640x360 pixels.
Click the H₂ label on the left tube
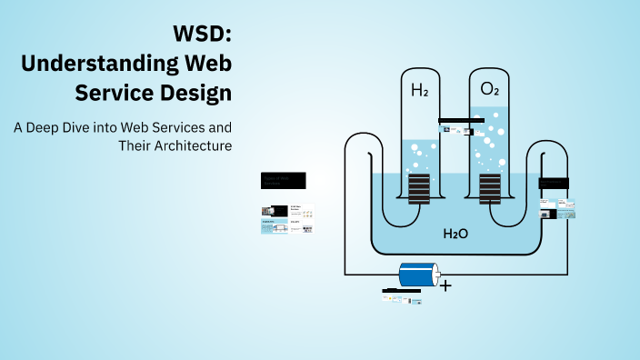coord(419,90)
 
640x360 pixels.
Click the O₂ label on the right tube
coord(488,90)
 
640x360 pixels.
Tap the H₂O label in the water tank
coord(455,234)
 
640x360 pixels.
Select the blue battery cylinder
coord(419,275)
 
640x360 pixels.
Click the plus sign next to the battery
coord(445,285)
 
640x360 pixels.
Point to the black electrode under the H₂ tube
coord(419,188)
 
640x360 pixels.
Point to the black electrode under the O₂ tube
coord(489,188)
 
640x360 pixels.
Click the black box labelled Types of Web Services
coord(283,180)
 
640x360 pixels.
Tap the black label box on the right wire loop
coord(555,183)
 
